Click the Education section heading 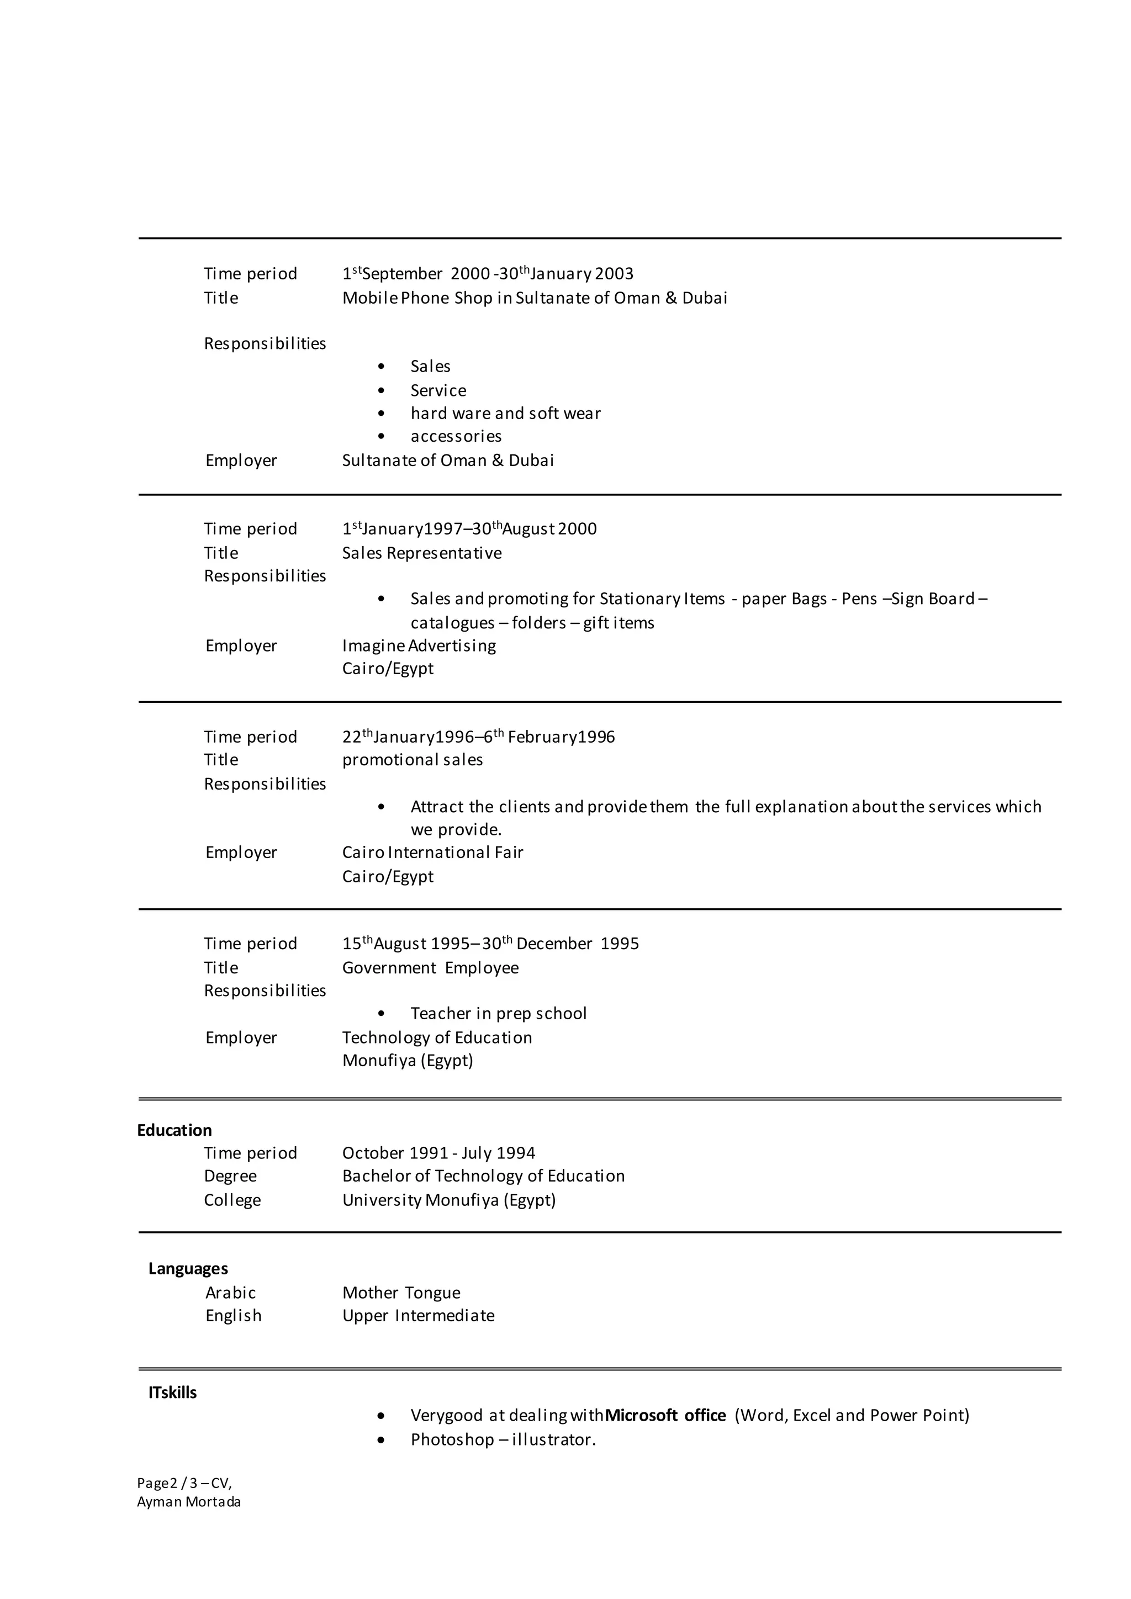coord(174,1130)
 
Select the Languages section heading coord(188,1268)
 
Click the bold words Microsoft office coord(665,1415)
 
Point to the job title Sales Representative coord(421,553)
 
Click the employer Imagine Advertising coord(419,645)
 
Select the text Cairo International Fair coord(432,853)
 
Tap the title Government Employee coord(430,967)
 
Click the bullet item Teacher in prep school coord(498,1013)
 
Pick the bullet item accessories coord(456,437)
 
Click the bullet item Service coord(438,391)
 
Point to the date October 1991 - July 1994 coord(438,1152)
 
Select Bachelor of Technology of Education coord(483,1176)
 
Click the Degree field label coord(230,1176)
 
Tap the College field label coord(232,1200)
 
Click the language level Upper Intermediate coord(418,1316)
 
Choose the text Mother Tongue coord(401,1293)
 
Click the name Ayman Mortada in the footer coord(189,1501)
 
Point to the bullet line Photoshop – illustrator coord(503,1439)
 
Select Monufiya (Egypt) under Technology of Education coord(408,1060)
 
